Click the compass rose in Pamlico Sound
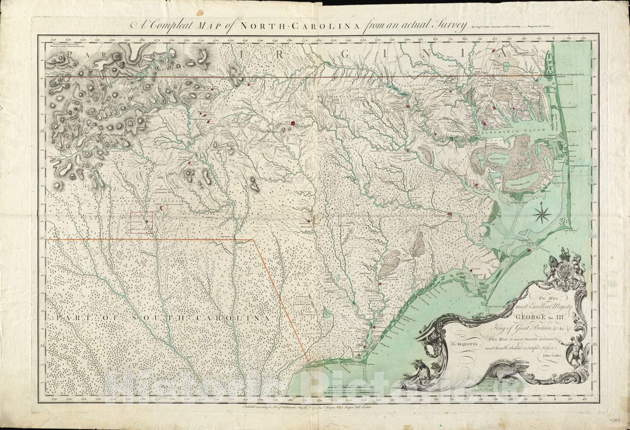[542, 213]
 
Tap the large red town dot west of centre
[293, 123]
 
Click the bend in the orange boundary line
[252, 240]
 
